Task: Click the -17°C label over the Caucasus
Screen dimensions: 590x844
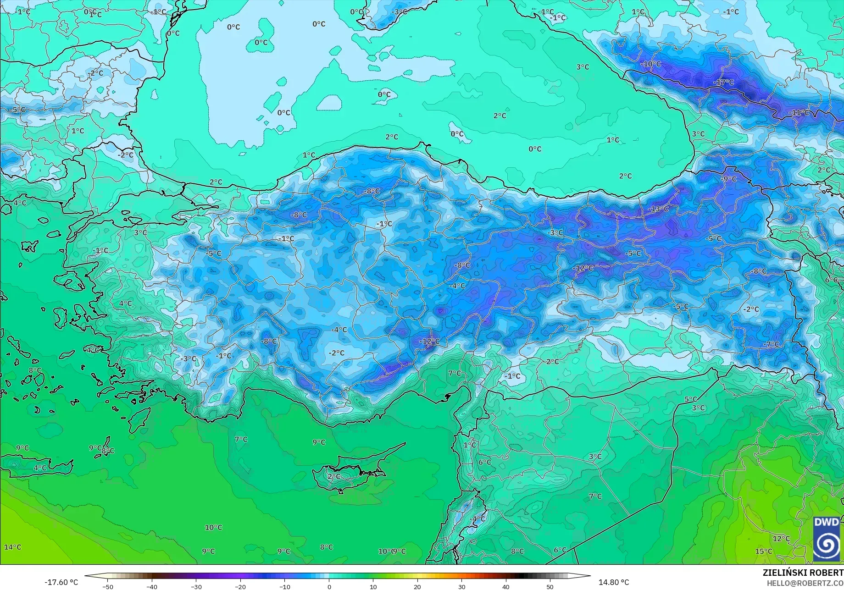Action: point(724,83)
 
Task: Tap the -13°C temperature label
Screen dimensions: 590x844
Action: point(659,209)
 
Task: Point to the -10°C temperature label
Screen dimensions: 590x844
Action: point(651,64)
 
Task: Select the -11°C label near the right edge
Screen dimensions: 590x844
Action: point(799,113)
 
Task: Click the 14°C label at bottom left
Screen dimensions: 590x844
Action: point(12,547)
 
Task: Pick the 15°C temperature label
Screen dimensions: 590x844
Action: point(764,551)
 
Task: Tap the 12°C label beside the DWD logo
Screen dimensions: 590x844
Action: point(781,539)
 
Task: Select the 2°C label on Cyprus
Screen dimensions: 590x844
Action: point(334,477)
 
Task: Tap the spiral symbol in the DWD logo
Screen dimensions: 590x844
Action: point(827,546)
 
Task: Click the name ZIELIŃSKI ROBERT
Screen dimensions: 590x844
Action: point(803,573)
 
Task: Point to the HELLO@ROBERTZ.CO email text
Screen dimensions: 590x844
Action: point(805,583)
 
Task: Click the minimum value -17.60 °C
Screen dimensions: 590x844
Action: point(61,582)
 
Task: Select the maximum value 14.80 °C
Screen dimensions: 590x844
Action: point(614,582)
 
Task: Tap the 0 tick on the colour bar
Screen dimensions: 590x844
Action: point(329,586)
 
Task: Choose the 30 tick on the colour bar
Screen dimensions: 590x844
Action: point(461,586)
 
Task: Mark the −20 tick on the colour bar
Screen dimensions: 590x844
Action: point(240,586)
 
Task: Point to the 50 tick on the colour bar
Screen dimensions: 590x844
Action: point(550,586)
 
